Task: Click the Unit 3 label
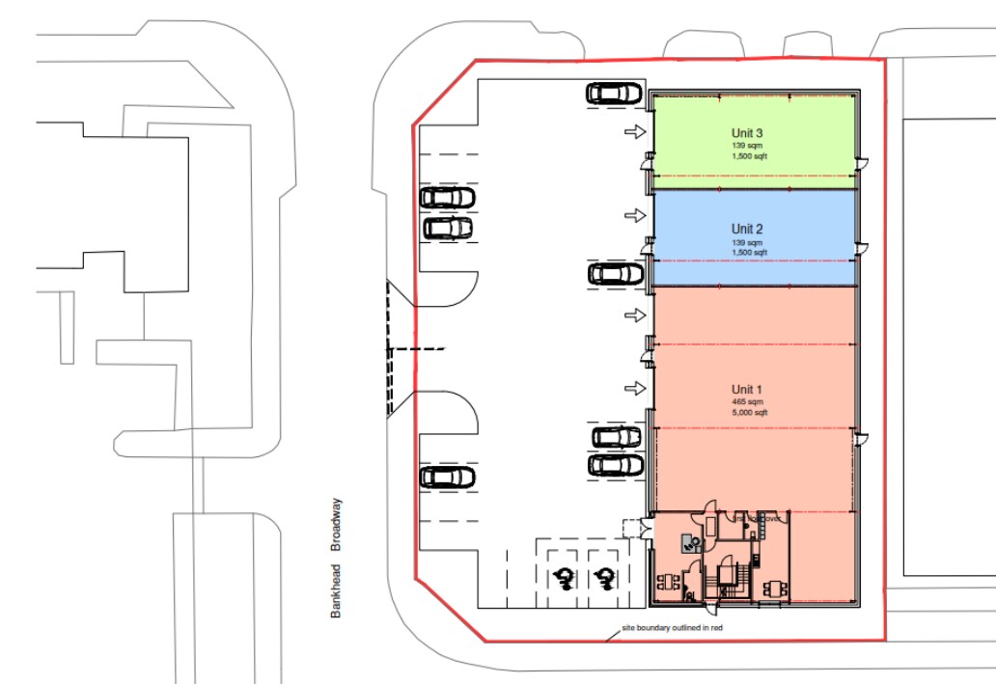748,133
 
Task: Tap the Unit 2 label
747,229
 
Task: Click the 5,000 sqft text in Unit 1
748,412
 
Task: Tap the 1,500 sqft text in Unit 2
748,252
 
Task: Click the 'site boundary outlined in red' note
674,628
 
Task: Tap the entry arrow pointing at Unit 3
634,131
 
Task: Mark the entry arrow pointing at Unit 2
634,214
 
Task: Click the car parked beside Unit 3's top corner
615,93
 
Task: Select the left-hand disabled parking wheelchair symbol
563,579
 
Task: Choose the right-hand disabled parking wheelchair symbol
604,579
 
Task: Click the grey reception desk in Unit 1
691,541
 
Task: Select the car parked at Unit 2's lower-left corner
615,274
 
